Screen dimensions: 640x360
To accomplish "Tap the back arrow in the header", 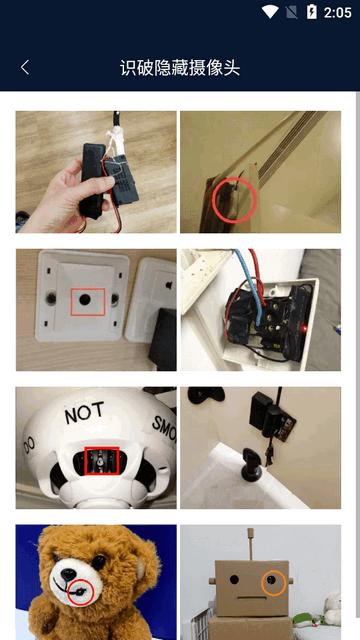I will [25, 67].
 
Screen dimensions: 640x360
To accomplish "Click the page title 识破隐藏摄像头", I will [180, 67].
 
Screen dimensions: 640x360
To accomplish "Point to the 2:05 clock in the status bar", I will [337, 12].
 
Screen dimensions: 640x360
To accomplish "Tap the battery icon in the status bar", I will [312, 12].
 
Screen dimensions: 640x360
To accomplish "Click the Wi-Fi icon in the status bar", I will [270, 12].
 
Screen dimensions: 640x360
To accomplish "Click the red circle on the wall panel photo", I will [236, 199].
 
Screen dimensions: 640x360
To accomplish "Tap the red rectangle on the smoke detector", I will [102, 461].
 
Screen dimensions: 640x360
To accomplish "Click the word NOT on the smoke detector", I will [84, 413].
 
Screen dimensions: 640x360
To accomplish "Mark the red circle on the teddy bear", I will [77, 589].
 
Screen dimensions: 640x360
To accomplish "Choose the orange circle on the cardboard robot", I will [273, 582].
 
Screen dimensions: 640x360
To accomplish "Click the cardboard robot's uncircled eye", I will [234, 579].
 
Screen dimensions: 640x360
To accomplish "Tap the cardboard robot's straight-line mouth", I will [254, 602].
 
